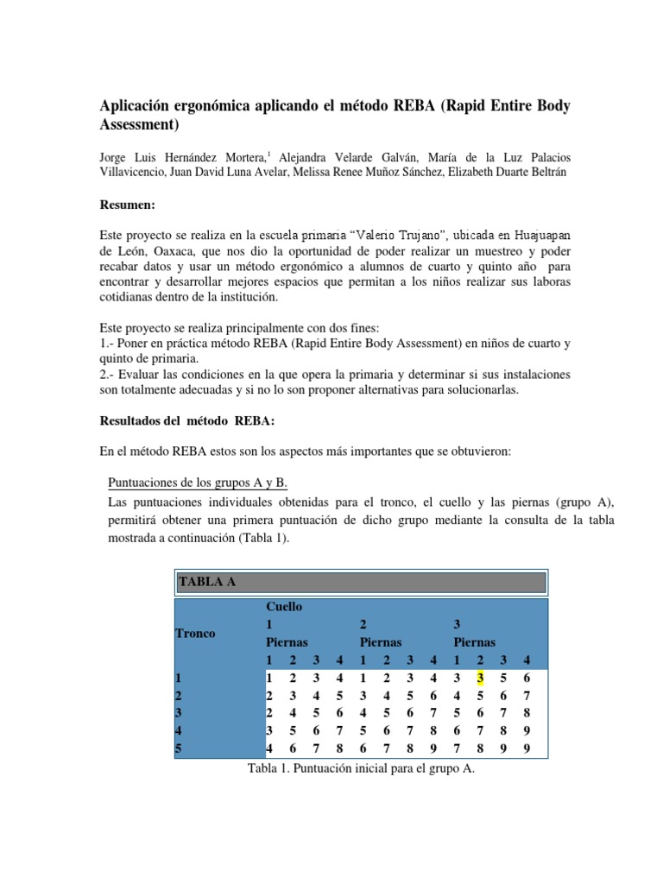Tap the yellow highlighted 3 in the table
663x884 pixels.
(x=478, y=678)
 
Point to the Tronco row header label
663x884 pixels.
(x=195, y=633)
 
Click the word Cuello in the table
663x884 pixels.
(x=286, y=607)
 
